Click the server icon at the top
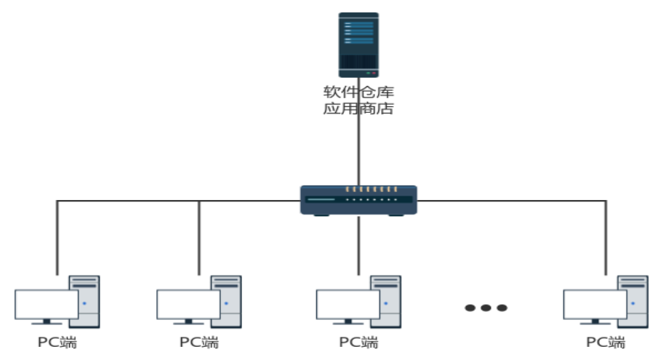point(358,45)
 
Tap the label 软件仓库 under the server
point(358,92)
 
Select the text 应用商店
point(358,108)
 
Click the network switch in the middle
point(358,200)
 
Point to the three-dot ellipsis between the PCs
point(486,308)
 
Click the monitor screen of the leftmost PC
point(47,304)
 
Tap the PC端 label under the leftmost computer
point(57,343)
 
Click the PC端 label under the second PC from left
point(199,343)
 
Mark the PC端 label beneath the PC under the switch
point(358,343)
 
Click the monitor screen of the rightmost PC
point(595,304)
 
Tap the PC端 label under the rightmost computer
point(606,343)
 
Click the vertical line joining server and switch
point(358,132)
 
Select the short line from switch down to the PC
point(358,246)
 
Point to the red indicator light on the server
point(374,73)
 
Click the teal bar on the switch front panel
point(321,199)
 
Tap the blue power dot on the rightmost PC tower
point(633,303)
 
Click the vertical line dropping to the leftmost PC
point(57,238)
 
